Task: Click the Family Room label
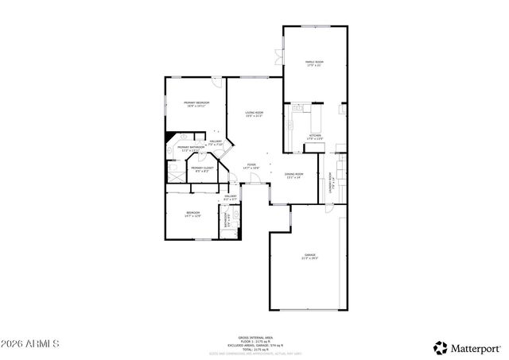coord(314,64)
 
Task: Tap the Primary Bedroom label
coord(196,104)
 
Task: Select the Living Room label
coord(254,114)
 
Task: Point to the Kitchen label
coord(315,137)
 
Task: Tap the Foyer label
coord(251,166)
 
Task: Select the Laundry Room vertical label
coord(331,184)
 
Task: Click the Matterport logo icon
coord(439,347)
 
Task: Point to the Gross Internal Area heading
coord(254,337)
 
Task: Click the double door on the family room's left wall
coord(279,57)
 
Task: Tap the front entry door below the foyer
coord(254,184)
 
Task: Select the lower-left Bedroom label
coord(193,214)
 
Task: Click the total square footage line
coord(254,349)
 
